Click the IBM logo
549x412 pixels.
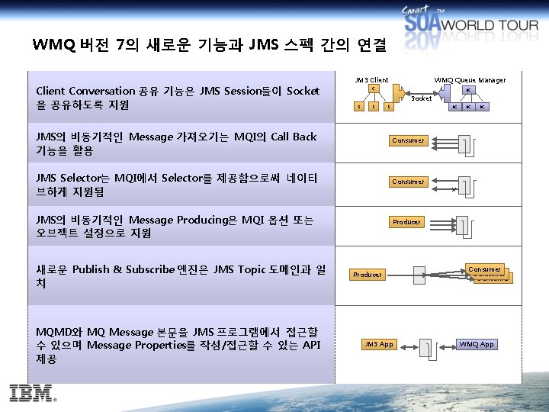(33, 394)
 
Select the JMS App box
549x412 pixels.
(379, 344)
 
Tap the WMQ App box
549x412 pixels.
(477, 344)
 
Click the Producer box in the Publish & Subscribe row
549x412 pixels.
(368, 274)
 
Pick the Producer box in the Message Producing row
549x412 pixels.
(406, 222)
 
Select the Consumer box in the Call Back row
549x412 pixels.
(408, 140)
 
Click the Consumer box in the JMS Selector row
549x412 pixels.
(408, 182)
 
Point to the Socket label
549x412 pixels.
(421, 98)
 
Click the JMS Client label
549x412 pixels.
(371, 80)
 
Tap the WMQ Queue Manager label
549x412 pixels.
(470, 80)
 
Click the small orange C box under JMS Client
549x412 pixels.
(372, 89)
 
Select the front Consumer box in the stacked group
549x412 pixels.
(484, 269)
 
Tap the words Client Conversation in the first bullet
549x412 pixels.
(85, 92)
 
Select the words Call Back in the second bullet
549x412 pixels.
(294, 137)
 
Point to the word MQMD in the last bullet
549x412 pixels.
(57, 332)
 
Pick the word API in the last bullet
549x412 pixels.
(310, 345)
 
